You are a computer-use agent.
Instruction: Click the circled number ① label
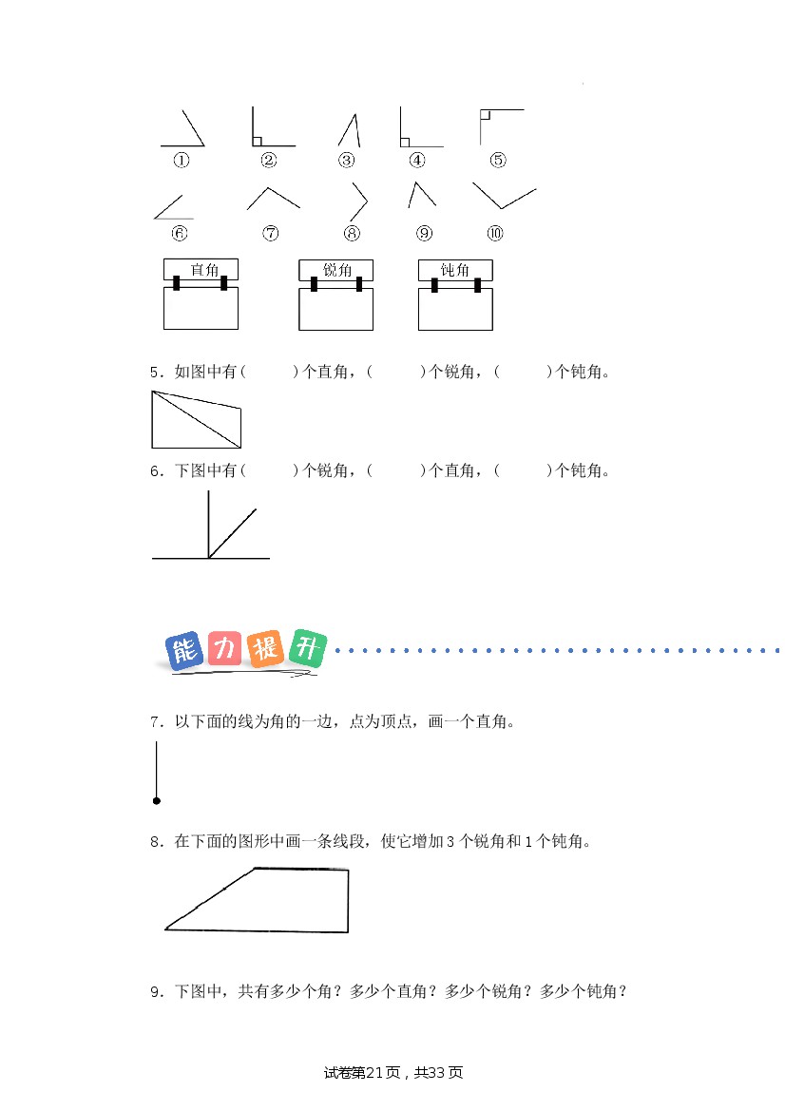coord(182,160)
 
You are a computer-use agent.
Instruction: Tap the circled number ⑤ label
coord(498,160)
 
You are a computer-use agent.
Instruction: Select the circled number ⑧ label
coord(353,233)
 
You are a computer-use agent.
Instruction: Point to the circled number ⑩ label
coord(495,233)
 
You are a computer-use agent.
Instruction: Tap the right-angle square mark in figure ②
coord(258,141)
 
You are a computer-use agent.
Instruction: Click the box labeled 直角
coord(201,294)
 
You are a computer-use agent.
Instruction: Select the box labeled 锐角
coord(335,294)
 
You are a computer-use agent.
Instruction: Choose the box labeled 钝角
coord(455,294)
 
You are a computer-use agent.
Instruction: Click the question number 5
coord(156,372)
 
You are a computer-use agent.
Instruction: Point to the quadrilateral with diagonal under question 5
coord(152,419)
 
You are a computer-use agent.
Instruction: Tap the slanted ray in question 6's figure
coord(233,533)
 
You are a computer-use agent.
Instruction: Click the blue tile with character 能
coord(184,650)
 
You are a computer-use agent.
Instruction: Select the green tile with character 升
coord(308,647)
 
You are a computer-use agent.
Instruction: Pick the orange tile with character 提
coord(266,648)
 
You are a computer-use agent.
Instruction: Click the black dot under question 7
coord(157,800)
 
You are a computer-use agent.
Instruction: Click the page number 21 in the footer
coord(374,1073)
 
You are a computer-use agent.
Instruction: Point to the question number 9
coord(156,992)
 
